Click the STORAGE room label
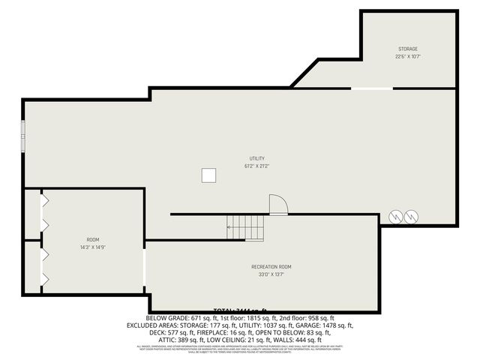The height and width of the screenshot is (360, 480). (407, 49)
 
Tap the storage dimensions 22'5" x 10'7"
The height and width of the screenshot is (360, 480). (407, 56)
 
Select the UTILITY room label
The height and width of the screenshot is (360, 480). (256, 158)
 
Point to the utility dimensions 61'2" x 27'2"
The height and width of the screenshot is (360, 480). (256, 166)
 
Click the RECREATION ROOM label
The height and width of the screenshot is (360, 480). (271, 266)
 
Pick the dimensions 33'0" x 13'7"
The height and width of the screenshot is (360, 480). (271, 274)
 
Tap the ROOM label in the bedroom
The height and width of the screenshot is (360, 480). (92, 240)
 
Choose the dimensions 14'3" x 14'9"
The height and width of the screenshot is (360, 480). (92, 247)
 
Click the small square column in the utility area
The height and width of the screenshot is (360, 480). (209, 175)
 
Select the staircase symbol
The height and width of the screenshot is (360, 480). (246, 227)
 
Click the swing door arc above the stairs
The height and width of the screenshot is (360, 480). (277, 204)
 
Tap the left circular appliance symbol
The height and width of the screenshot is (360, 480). (395, 216)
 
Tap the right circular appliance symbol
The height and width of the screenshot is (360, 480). (411, 216)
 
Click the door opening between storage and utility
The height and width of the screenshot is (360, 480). (372, 88)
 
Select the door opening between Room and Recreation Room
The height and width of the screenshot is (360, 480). (145, 267)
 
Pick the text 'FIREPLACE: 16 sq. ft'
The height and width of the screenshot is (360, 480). (193, 333)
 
